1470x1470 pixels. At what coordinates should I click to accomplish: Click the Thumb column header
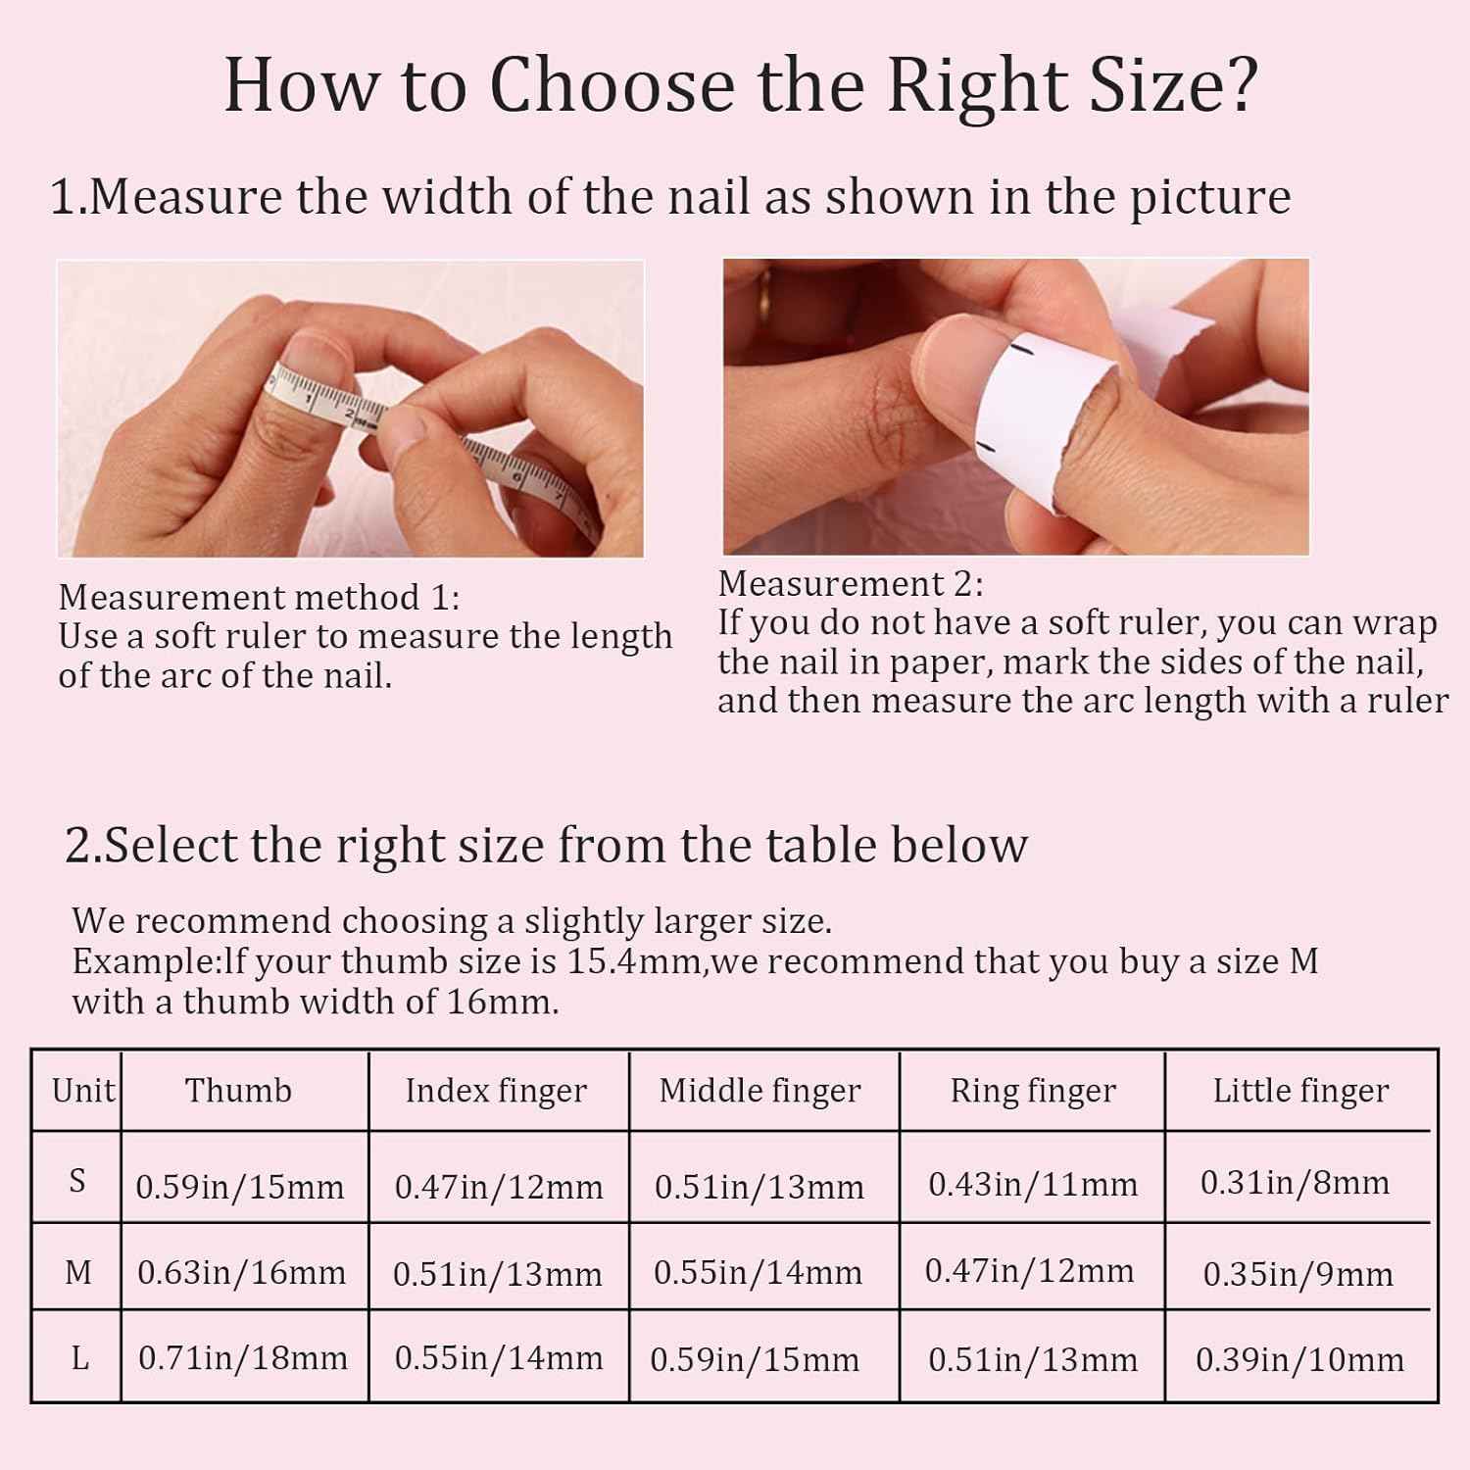click(x=238, y=1090)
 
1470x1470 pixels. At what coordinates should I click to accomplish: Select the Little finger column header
click(x=1300, y=1091)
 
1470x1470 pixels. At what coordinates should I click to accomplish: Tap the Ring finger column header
click(x=1033, y=1091)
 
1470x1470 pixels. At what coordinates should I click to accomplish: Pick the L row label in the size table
click(x=79, y=1358)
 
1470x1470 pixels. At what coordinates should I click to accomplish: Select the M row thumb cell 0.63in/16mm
click(x=242, y=1273)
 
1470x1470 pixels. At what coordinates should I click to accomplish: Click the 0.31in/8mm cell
click(x=1295, y=1183)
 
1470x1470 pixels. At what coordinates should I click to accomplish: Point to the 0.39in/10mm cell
click(x=1299, y=1359)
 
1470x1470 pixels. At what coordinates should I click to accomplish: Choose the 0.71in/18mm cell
click(x=243, y=1358)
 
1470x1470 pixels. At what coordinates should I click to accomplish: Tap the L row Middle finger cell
click(x=755, y=1360)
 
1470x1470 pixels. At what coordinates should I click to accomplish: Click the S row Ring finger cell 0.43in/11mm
click(x=1033, y=1185)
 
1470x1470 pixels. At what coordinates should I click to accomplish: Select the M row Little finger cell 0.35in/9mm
click(x=1298, y=1274)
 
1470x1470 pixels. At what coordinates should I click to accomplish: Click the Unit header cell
click(x=83, y=1090)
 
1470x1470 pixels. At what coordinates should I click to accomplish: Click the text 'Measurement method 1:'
click(x=259, y=597)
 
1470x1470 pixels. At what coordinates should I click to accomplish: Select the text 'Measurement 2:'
click(x=851, y=584)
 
